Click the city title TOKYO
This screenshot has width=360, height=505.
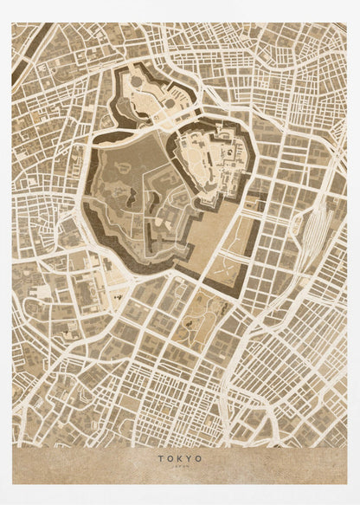click(x=180, y=458)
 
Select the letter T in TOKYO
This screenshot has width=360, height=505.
click(x=160, y=458)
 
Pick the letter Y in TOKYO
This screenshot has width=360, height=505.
click(x=190, y=458)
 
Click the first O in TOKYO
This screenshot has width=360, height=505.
click(x=170, y=458)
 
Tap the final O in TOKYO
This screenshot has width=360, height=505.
click(x=200, y=458)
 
